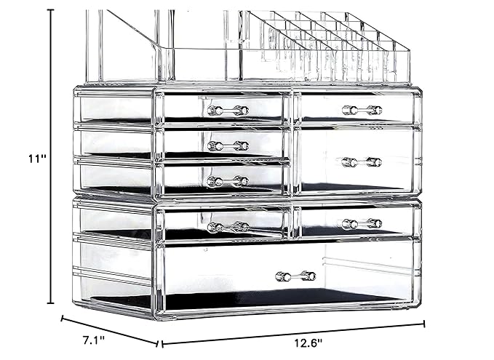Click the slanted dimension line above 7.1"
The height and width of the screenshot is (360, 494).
point(109,329)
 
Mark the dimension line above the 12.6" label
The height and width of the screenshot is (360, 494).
point(291,332)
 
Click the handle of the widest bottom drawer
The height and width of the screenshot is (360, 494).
point(295,276)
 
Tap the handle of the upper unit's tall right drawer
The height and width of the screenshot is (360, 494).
point(362,161)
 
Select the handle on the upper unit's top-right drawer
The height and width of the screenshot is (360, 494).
point(362,110)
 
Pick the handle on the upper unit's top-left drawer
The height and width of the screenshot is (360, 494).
point(227,110)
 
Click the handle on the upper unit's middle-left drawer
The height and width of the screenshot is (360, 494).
point(227,145)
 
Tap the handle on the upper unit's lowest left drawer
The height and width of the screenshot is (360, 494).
point(227,181)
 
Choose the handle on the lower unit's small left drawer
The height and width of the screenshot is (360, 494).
point(227,227)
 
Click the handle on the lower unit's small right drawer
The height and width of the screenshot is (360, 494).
point(362,224)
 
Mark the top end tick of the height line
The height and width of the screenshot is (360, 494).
point(51,9)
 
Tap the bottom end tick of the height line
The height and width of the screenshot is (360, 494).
point(51,303)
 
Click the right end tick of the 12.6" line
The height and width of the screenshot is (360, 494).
point(424,325)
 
